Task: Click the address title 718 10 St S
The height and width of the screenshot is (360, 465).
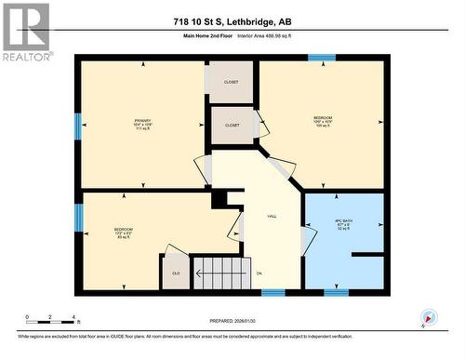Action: pos(232,22)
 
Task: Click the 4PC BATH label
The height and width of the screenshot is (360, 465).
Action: pos(345,223)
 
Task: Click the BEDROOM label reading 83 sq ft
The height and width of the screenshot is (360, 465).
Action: pos(123,232)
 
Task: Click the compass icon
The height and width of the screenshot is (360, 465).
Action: pos(428,317)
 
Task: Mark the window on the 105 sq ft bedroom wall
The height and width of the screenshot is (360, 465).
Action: pos(322,58)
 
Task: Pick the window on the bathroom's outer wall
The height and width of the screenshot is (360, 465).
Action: pos(336,292)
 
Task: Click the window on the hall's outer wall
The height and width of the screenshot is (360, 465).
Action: pos(272,292)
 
